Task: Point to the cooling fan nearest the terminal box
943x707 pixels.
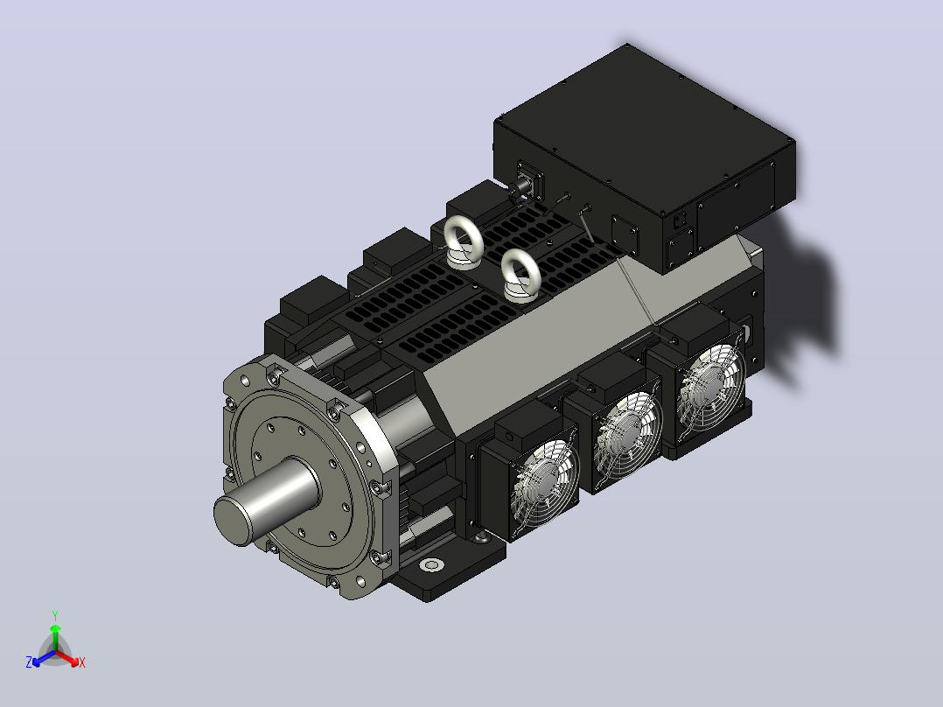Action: click(x=711, y=389)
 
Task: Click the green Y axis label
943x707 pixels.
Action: click(x=55, y=615)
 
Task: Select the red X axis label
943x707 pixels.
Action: click(x=82, y=662)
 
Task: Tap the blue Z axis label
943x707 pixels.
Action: click(x=28, y=662)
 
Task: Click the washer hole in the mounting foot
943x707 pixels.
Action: click(x=431, y=565)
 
